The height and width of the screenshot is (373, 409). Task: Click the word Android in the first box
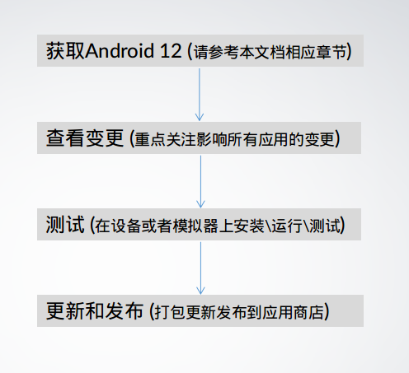pyautogui.click(x=120, y=51)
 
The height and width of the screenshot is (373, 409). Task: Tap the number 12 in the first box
pyautogui.click(x=171, y=51)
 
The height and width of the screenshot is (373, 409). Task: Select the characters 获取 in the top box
pyautogui.click(x=65, y=51)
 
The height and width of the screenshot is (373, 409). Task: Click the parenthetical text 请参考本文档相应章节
pyautogui.click(x=270, y=52)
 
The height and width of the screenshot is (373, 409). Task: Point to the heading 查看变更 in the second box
pyautogui.click(x=85, y=138)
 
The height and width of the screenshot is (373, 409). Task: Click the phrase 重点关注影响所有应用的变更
pyautogui.click(x=234, y=139)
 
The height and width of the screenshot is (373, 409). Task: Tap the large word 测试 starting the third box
pyautogui.click(x=65, y=225)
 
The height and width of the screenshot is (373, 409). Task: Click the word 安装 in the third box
pyautogui.click(x=250, y=226)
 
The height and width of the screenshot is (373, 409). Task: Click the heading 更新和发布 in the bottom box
pyautogui.click(x=95, y=311)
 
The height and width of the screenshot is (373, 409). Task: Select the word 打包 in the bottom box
pyautogui.click(x=170, y=312)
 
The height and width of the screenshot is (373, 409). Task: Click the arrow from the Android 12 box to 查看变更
pyautogui.click(x=200, y=95)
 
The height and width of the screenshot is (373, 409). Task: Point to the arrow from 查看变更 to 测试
pyautogui.click(x=200, y=182)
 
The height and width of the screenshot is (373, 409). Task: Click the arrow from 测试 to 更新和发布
pyautogui.click(x=200, y=268)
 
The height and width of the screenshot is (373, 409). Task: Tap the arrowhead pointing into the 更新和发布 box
pyautogui.click(x=200, y=291)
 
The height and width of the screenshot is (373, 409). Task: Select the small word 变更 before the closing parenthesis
pyautogui.click(x=319, y=139)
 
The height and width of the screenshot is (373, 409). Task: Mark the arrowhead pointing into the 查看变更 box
pyautogui.click(x=200, y=117)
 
